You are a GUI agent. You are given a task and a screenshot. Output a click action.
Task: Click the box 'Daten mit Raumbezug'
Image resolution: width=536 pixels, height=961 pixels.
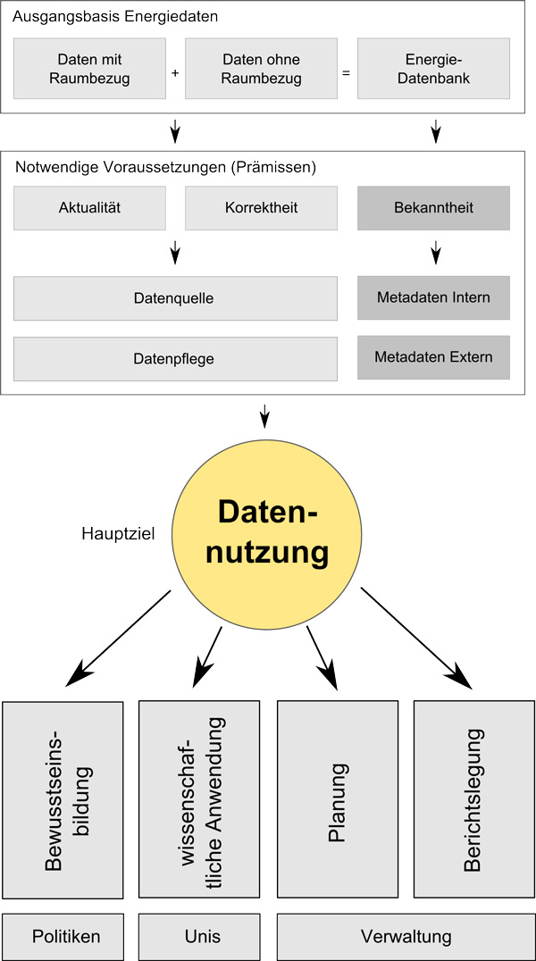pos(89,69)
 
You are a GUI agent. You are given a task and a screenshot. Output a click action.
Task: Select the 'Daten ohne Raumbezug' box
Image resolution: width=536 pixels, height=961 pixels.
pos(261,69)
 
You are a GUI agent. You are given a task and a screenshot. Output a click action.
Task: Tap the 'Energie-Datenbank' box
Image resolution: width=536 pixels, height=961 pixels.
pos(433,69)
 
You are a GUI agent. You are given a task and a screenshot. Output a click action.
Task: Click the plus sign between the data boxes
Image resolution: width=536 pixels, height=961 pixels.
pos(175,72)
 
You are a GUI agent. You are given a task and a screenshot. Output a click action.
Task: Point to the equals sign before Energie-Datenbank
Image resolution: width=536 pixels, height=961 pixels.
pos(347,73)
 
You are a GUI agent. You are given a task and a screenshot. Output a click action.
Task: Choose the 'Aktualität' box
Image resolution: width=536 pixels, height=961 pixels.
pos(89,208)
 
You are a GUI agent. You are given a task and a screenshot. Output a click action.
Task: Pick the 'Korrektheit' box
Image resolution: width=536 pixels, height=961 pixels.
pos(261,208)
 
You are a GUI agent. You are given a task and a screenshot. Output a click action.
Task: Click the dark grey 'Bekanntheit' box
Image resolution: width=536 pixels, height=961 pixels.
pos(433,208)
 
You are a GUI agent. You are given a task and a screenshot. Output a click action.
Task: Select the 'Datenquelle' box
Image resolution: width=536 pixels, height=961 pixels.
pos(175,298)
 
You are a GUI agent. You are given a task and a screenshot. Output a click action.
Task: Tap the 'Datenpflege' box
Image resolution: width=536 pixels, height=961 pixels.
pos(175,358)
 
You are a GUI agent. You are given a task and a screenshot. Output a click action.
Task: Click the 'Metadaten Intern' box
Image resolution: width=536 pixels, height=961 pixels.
pos(433,298)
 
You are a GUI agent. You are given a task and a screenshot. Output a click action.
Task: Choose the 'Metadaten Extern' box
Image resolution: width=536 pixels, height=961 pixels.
pos(433,357)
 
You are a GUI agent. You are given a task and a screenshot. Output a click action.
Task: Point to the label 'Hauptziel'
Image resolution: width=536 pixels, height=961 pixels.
pos(118,533)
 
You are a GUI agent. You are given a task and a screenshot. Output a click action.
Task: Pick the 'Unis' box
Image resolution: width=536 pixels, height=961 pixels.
pos(202,937)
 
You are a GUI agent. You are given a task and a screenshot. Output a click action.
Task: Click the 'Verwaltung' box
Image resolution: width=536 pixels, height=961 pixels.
pos(406,937)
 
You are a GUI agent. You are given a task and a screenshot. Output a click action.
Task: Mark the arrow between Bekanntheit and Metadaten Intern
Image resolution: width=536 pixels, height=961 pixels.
pos(435,252)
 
